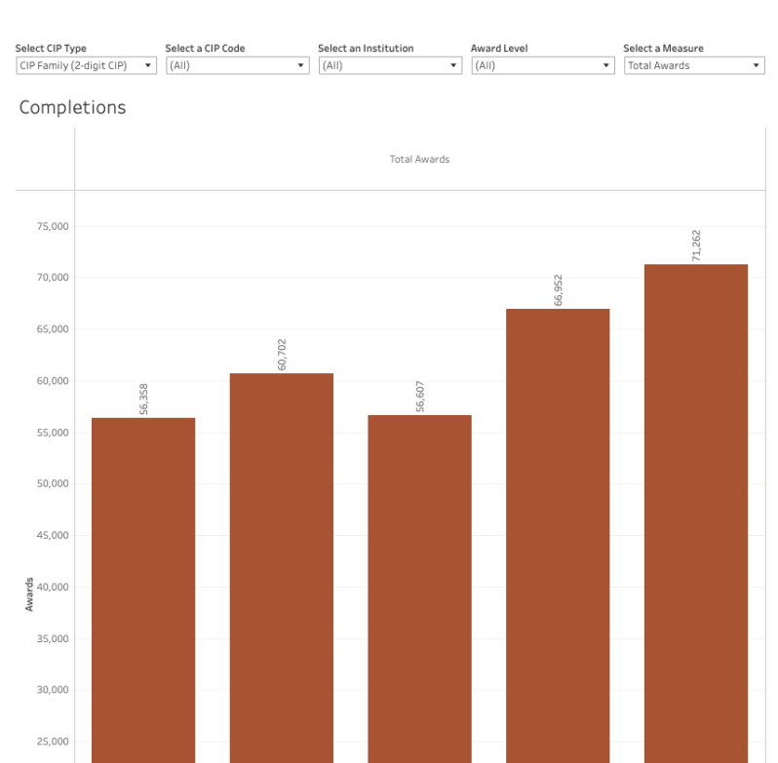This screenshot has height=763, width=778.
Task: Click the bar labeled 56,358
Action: click(x=143, y=585)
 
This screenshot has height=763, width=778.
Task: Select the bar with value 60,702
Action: click(x=282, y=565)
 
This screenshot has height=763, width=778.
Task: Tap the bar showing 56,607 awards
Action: click(x=419, y=585)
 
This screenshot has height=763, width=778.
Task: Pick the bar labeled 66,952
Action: click(x=558, y=536)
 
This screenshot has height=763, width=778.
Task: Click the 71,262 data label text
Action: click(x=696, y=246)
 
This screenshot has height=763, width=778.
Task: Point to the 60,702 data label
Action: click(x=282, y=355)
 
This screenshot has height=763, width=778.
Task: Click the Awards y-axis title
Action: click(x=29, y=593)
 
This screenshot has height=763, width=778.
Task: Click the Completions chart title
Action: click(x=72, y=107)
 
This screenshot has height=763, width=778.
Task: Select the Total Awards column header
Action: click(x=419, y=159)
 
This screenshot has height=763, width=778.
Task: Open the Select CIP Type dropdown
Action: click(x=86, y=65)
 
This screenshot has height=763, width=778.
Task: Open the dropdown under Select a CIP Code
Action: click(x=237, y=65)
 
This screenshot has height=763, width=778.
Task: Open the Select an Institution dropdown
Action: click(x=390, y=65)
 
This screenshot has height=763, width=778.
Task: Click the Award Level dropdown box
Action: click(x=542, y=65)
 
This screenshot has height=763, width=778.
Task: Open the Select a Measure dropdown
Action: click(x=694, y=65)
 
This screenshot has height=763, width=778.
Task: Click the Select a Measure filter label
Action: click(x=663, y=48)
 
